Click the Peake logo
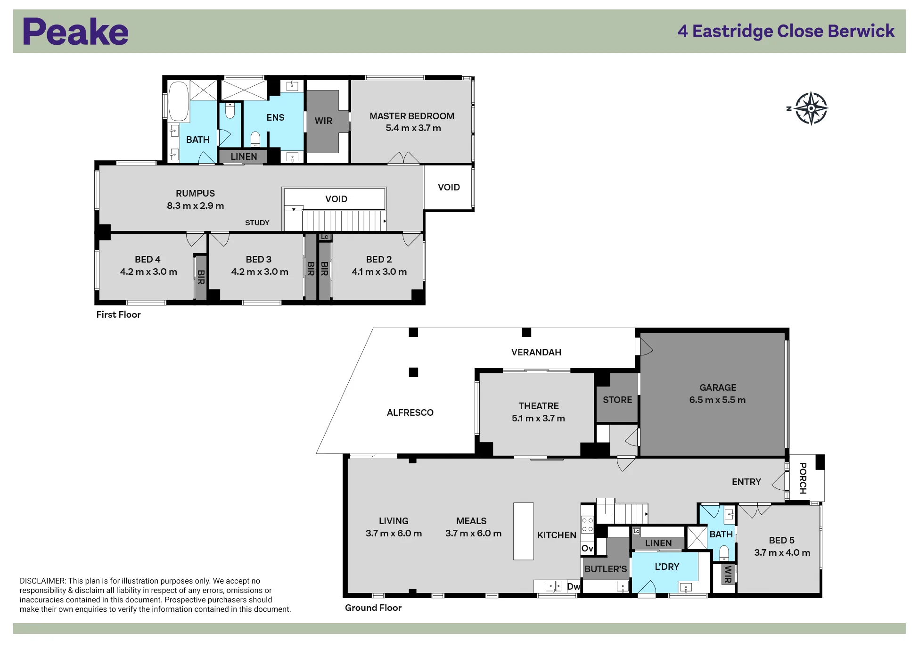pyautogui.click(x=75, y=32)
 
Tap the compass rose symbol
pyautogui.click(x=810, y=108)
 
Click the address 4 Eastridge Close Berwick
pyautogui.click(x=786, y=31)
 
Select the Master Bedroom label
pyautogui.click(x=412, y=116)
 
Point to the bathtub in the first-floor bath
pyautogui.click(x=179, y=102)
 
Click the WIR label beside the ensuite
pyautogui.click(x=323, y=121)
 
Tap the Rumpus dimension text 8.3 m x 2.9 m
pyautogui.click(x=195, y=206)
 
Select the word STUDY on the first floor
pyautogui.click(x=257, y=222)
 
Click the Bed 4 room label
pyautogui.click(x=148, y=259)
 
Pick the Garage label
pyautogui.click(x=717, y=387)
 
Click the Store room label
pyautogui.click(x=617, y=400)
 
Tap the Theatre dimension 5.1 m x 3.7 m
pyautogui.click(x=538, y=418)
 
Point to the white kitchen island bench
pyautogui.click(x=523, y=531)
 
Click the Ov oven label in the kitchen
pyautogui.click(x=587, y=548)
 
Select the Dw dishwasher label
pyautogui.click(x=574, y=586)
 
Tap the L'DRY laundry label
pyautogui.click(x=667, y=567)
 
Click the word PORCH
pyautogui.click(x=803, y=478)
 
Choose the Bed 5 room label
pyautogui.click(x=781, y=540)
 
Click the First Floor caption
pyautogui.click(x=118, y=314)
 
